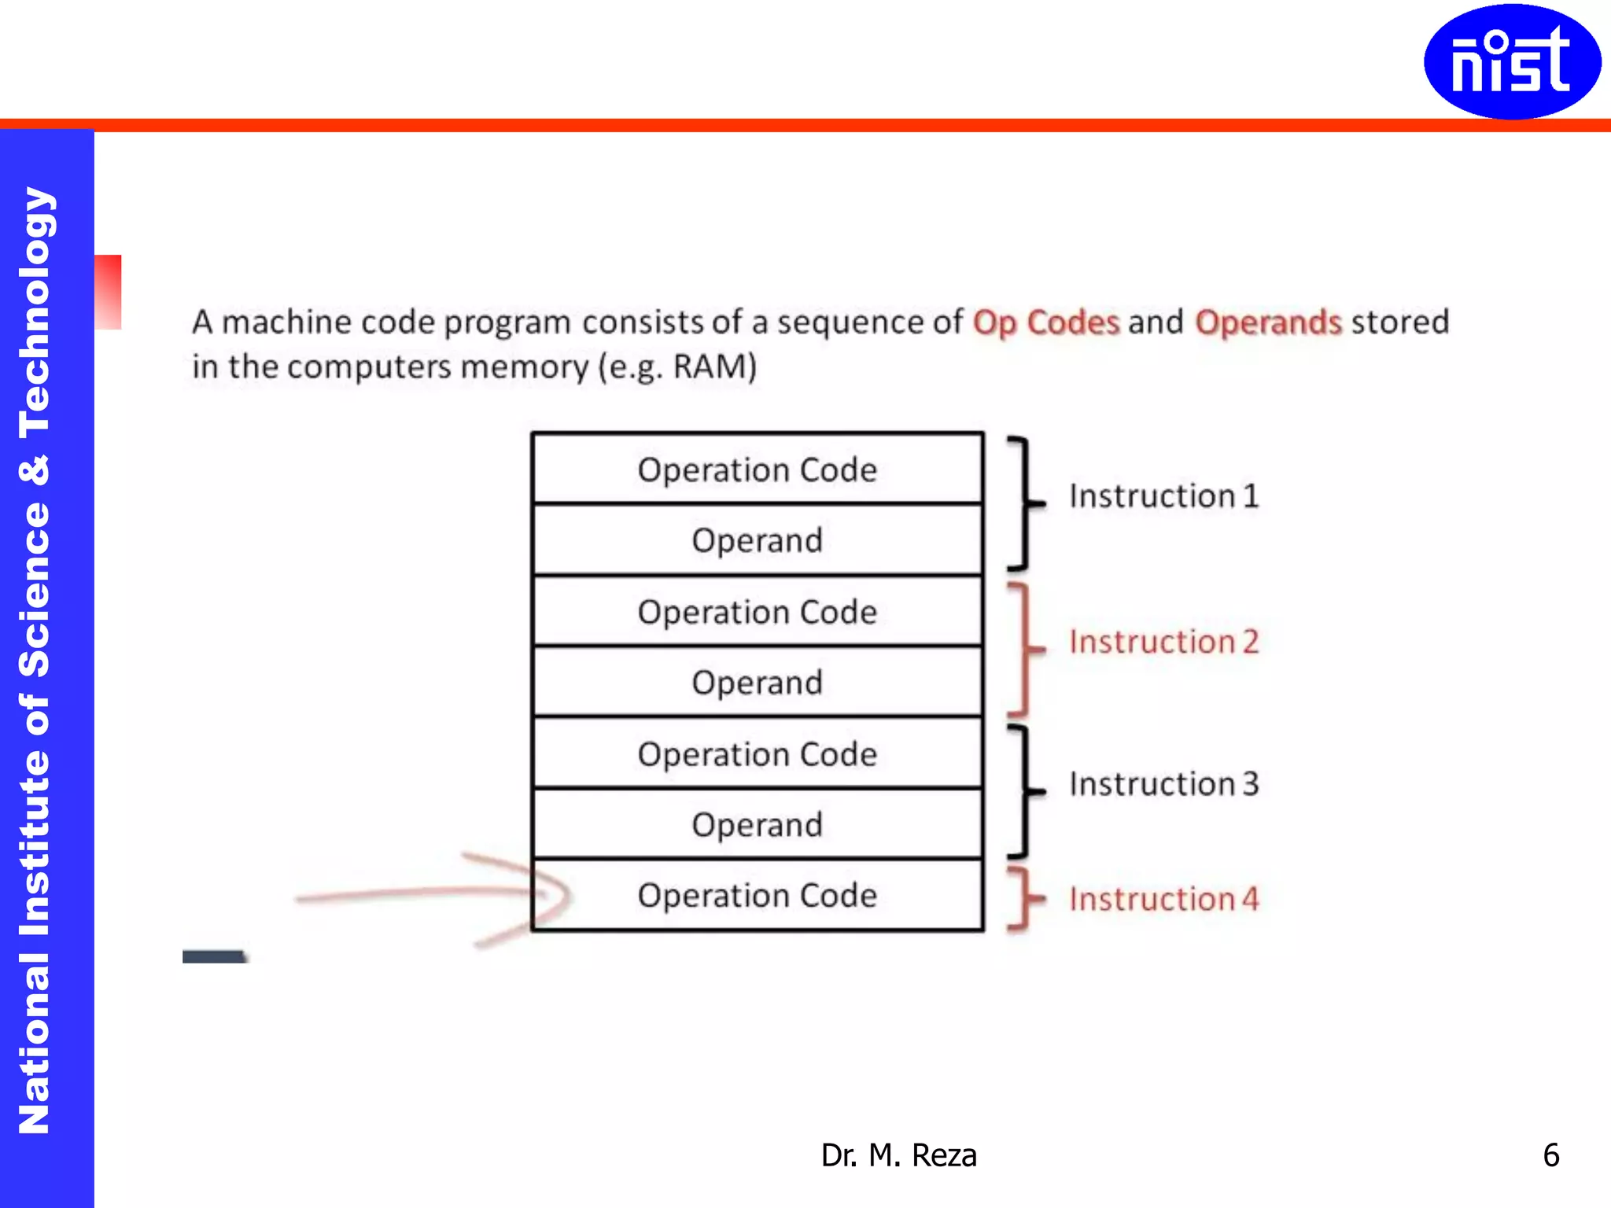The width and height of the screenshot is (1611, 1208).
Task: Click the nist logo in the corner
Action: tap(1511, 61)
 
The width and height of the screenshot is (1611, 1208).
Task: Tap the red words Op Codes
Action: tap(1045, 322)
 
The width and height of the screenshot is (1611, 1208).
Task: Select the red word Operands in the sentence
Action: tap(1268, 322)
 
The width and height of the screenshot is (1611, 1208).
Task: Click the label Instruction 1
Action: tap(1163, 496)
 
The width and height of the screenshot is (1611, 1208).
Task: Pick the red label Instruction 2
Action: tap(1163, 642)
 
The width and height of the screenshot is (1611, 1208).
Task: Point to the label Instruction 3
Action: tap(1163, 784)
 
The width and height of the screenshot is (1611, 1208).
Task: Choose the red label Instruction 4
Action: tap(1163, 899)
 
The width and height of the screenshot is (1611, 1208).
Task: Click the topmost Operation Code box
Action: tap(757, 470)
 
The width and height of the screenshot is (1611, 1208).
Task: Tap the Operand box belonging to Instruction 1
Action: tap(757, 540)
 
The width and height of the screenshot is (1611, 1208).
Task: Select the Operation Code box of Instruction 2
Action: tap(757, 612)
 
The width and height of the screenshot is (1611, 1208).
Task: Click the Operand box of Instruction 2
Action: tap(757, 683)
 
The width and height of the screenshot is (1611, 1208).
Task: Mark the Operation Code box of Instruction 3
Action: tap(757, 754)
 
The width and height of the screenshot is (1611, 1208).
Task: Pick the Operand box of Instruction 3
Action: tap(757, 825)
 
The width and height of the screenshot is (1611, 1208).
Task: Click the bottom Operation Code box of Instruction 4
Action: tap(757, 896)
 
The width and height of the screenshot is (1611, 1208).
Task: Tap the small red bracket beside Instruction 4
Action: tap(1023, 899)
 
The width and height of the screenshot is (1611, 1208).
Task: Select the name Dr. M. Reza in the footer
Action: tap(898, 1155)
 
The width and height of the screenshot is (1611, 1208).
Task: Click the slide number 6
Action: tap(1550, 1155)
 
